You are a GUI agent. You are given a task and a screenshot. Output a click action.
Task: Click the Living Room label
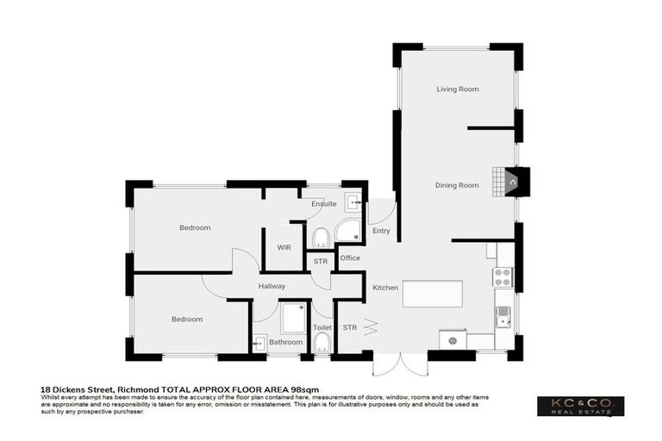(457, 90)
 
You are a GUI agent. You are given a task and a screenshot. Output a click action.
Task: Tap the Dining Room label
(457, 185)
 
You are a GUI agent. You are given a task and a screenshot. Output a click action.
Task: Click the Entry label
(381, 231)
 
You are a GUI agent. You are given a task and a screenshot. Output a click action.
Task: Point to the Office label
(350, 258)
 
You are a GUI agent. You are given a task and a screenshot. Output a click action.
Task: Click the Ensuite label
(324, 204)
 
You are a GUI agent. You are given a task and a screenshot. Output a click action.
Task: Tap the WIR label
(284, 247)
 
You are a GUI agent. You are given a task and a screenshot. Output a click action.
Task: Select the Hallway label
(272, 286)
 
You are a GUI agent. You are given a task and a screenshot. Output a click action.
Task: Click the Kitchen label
(384, 287)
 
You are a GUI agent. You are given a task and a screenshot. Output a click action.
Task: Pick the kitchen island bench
(431, 294)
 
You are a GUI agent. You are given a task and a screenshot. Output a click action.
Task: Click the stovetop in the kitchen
(502, 277)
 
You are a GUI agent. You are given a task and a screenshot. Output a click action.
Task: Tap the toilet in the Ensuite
(321, 237)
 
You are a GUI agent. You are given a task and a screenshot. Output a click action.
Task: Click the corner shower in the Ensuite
(349, 230)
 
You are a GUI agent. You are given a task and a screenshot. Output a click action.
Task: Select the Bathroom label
(286, 342)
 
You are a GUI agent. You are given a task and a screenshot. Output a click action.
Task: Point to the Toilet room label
(322, 328)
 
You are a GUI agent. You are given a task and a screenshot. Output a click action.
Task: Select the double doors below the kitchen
(400, 363)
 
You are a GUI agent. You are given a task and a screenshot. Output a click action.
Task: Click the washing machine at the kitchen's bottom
(453, 340)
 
